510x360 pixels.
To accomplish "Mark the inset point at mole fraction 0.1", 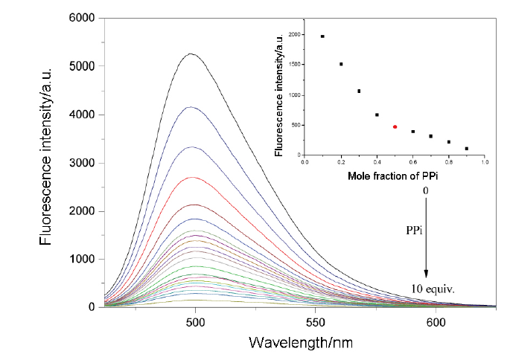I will (322, 36).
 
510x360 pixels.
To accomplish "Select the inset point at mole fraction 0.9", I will (467, 149).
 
